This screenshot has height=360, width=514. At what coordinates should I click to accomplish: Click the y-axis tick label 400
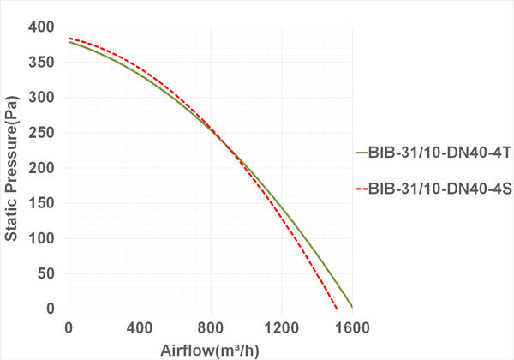click(x=45, y=27)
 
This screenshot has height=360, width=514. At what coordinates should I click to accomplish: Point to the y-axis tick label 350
click(x=45, y=63)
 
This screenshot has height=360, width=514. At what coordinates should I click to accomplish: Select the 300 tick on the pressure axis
click(x=45, y=98)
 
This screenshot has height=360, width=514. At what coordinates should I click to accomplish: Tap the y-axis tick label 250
click(x=45, y=133)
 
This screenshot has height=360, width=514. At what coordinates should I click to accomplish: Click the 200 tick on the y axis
click(x=45, y=168)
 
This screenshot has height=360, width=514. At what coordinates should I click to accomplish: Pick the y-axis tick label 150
click(x=45, y=203)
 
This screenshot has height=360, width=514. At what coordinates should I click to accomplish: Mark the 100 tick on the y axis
click(x=45, y=238)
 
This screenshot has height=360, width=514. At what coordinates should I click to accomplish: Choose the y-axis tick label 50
click(x=49, y=273)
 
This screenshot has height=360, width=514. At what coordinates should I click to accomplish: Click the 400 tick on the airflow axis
click(x=140, y=327)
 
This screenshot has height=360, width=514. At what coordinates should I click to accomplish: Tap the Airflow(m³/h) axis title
click(x=209, y=350)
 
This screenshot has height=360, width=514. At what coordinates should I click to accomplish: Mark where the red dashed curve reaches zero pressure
click(x=337, y=309)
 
